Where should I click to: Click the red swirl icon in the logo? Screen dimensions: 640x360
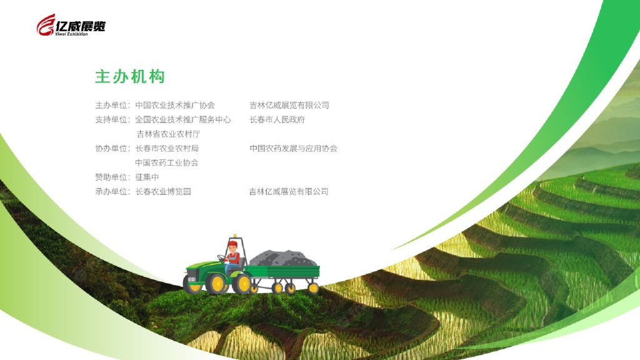46,25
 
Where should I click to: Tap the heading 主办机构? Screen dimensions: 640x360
130,76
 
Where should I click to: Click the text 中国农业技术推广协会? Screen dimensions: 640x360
175,105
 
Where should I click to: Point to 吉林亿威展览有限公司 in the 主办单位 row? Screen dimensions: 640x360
289,105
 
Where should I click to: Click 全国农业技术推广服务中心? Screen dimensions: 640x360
183,119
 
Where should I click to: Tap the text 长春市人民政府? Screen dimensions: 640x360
277,119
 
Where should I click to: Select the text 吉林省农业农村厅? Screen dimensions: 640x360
168,134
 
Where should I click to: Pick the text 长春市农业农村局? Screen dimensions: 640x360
167,149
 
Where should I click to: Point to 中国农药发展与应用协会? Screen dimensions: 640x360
294,149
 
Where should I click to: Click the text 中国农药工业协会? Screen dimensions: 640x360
167,163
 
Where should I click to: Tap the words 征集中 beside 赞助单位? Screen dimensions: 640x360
147,177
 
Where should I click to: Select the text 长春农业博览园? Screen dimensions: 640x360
163,191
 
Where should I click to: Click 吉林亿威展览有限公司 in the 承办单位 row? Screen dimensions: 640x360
289,191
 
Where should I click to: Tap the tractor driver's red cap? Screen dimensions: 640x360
232,244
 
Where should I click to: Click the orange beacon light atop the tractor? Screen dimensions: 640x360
235,236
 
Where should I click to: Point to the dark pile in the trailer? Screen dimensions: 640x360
283,258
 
